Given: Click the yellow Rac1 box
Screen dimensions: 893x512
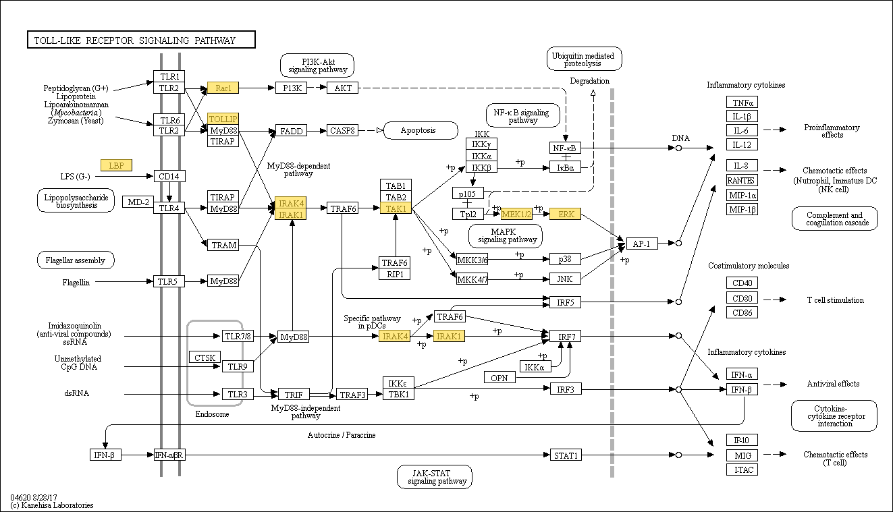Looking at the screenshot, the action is pyautogui.click(x=223, y=88).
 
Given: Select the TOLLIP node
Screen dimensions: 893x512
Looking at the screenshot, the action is pyautogui.click(x=223, y=119).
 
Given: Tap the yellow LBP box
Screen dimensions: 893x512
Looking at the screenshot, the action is pyautogui.click(x=116, y=165).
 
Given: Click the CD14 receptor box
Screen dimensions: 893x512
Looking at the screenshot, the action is pyautogui.click(x=169, y=176).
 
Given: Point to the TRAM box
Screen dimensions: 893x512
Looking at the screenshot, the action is pyautogui.click(x=223, y=245).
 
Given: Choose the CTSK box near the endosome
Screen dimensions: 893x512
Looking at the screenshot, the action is pyautogui.click(x=205, y=358).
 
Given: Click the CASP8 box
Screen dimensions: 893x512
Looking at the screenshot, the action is pyautogui.click(x=342, y=131).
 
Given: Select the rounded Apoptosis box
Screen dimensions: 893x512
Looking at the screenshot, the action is pyautogui.click(x=421, y=130).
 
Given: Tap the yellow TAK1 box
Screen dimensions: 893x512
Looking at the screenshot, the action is pyautogui.click(x=396, y=208).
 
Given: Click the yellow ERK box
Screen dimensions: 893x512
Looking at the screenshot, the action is pyautogui.click(x=566, y=214).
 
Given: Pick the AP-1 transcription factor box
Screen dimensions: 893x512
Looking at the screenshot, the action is pyautogui.click(x=642, y=244).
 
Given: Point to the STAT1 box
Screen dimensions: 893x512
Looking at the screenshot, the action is pyautogui.click(x=566, y=455).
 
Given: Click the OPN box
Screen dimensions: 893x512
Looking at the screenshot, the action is pyautogui.click(x=499, y=377).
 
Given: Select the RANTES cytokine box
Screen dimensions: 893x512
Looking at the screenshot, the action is pyautogui.click(x=742, y=181).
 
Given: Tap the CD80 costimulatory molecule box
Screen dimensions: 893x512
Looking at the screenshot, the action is pyautogui.click(x=742, y=298).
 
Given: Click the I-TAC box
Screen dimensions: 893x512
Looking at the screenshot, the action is pyautogui.click(x=742, y=470).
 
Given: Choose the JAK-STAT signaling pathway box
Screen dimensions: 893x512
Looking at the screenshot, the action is pyautogui.click(x=435, y=477).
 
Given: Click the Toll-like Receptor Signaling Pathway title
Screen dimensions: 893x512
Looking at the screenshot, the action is pyautogui.click(x=141, y=40).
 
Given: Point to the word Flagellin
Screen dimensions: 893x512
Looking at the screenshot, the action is pyautogui.click(x=76, y=283).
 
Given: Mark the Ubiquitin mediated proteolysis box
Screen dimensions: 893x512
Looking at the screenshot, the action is pyautogui.click(x=584, y=59).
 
